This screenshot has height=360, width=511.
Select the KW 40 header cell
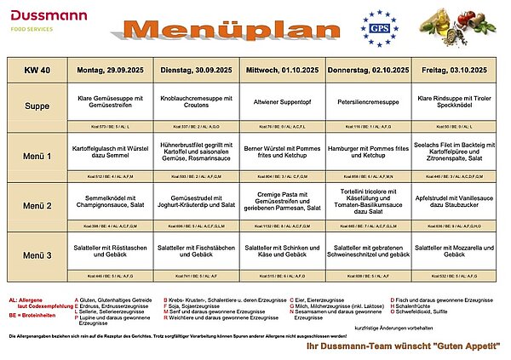coord(37,67)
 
